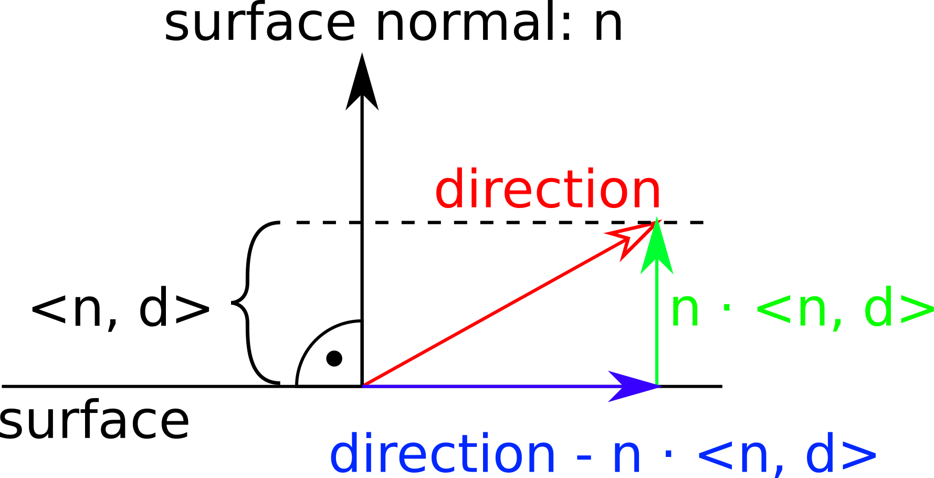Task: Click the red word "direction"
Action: tap(548, 189)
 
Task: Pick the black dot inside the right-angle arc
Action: tap(334, 359)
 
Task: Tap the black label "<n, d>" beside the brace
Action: tap(121, 309)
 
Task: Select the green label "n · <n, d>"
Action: tap(802, 309)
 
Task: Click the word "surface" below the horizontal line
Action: tap(95, 421)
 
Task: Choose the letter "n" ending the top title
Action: tap(608, 27)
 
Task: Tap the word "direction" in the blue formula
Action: tap(443, 454)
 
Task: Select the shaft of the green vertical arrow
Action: tap(657, 330)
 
